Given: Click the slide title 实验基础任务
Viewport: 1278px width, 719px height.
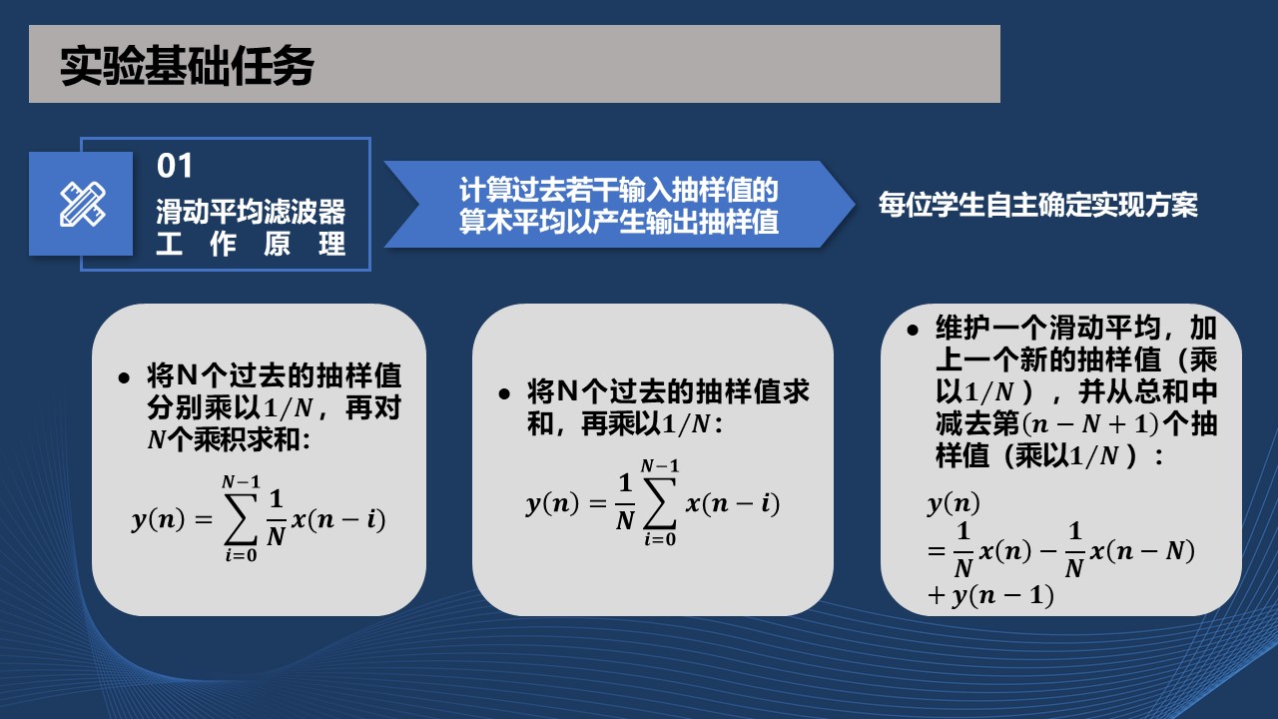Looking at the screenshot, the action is coord(187,66).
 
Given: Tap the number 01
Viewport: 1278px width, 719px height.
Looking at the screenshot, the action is coord(175,166).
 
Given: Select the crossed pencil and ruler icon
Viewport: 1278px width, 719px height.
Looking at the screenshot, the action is coord(83,205).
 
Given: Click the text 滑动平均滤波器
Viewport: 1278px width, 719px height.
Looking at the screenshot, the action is coord(251,212).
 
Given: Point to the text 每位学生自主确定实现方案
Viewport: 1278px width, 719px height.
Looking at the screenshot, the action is coord(1037,205).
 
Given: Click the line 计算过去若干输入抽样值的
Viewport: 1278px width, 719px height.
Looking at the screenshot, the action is coord(619,190).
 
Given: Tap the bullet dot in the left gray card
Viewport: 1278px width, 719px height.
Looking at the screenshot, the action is coord(124,378).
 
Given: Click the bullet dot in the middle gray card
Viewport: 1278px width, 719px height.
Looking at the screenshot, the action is coord(504,393).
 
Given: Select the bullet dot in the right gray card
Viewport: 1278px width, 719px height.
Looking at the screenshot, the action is coord(913,330).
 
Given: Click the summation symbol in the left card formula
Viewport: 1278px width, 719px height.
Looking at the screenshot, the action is coord(241,518).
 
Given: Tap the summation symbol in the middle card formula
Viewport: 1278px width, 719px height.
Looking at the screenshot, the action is coord(660,502).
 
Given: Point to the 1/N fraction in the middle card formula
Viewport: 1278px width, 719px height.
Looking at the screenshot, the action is coord(625,502).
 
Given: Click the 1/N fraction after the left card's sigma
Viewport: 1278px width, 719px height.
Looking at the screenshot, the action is coord(277,518).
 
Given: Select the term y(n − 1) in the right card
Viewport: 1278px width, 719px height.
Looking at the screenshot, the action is coord(1003,596).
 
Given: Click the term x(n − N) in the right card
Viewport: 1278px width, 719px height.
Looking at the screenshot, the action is coord(1143,551).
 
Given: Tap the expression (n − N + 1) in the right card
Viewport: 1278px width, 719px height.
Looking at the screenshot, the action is coord(1091,424).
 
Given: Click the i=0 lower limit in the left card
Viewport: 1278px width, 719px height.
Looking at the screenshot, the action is coord(241,554).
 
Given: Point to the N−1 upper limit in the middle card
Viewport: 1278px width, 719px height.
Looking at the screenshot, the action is coord(660,466).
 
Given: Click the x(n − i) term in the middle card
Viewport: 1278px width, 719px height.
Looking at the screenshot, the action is coord(733,504).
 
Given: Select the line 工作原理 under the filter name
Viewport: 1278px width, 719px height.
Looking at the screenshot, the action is coord(251,245).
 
